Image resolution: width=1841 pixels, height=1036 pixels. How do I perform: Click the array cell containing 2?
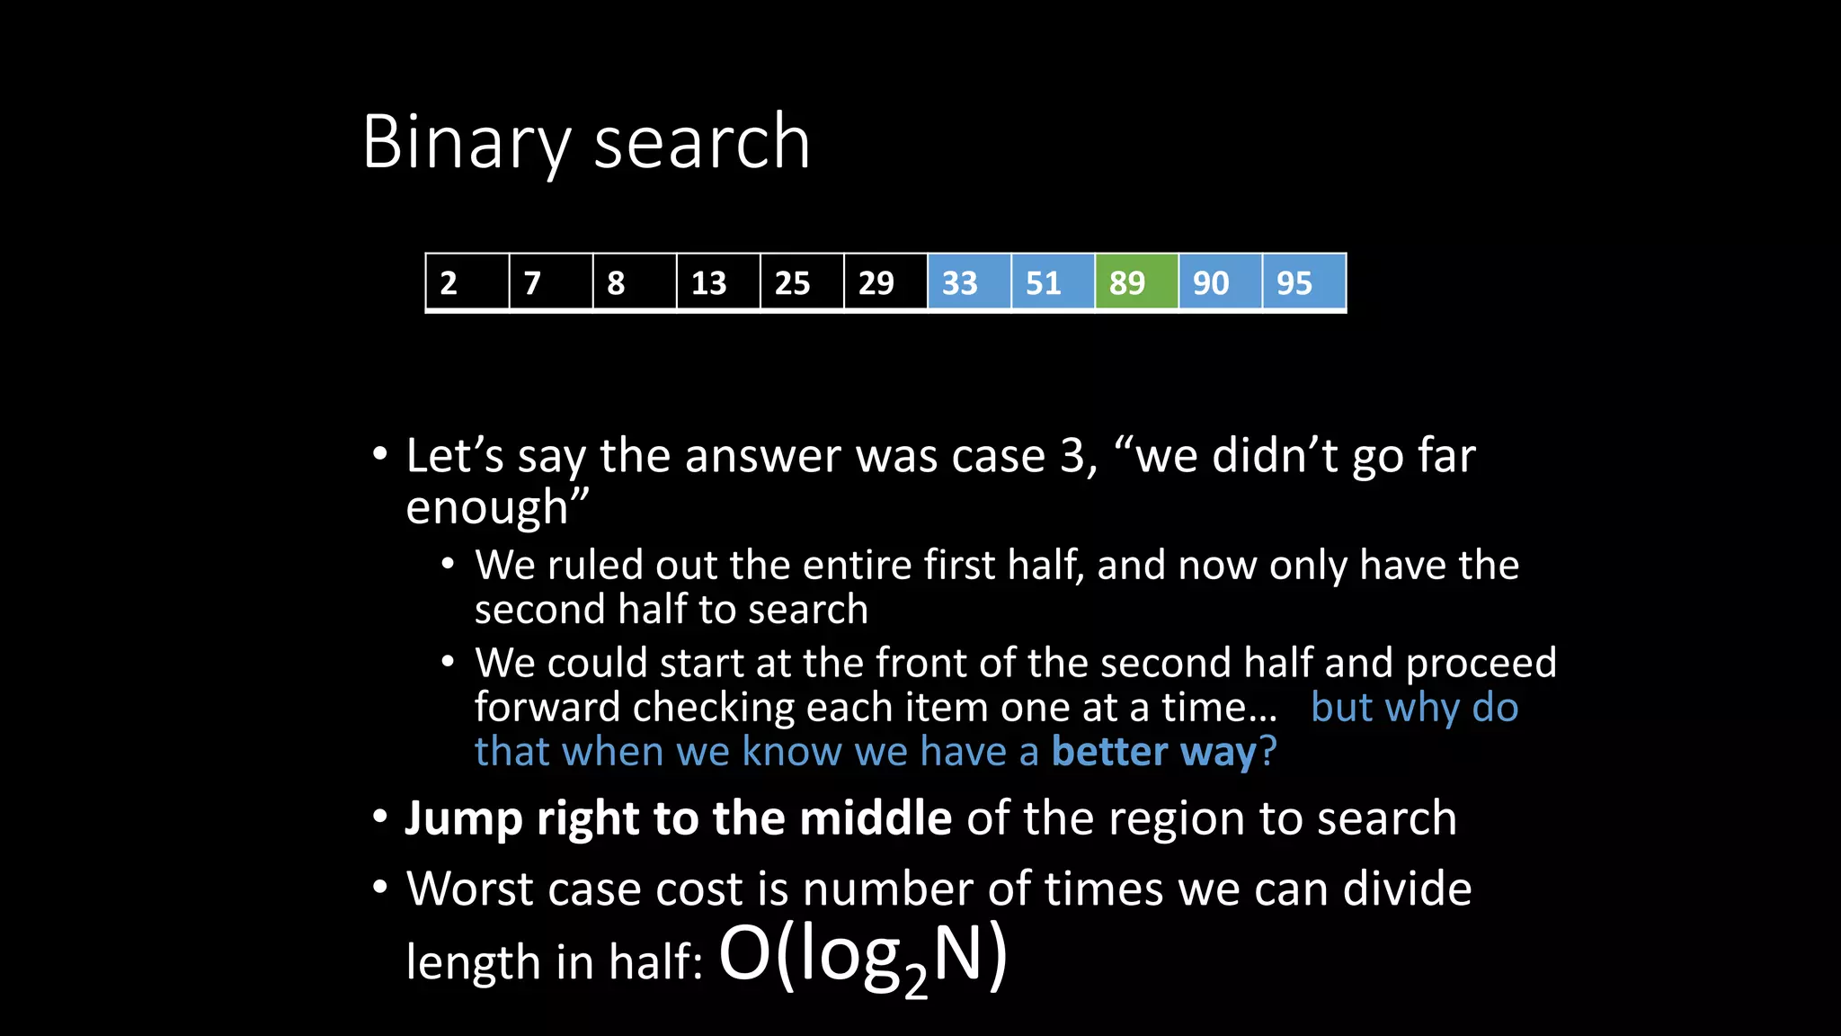pos(467,283)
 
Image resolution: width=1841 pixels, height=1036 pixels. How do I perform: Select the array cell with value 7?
pos(551,283)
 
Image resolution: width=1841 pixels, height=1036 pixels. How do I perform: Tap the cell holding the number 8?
pos(635,283)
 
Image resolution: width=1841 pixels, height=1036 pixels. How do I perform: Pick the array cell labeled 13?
pos(718,283)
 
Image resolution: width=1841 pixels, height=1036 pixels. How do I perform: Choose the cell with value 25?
pos(802,283)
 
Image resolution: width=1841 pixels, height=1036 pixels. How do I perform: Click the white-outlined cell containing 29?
pos(885,283)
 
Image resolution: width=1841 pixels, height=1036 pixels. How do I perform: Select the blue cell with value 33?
pos(969,283)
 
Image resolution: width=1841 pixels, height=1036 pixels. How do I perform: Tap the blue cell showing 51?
pos(1053,283)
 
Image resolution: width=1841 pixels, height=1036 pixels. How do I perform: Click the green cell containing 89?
pos(1136,283)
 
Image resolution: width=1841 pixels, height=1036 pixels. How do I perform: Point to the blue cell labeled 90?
pos(1220,283)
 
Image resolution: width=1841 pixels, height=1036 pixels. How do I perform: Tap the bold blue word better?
pos(1109,752)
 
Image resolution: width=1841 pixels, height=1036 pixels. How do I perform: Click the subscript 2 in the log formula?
pos(915,982)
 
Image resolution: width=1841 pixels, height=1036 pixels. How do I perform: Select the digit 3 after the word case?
pos(1072,456)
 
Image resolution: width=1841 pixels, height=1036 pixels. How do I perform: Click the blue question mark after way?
pos(1267,752)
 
